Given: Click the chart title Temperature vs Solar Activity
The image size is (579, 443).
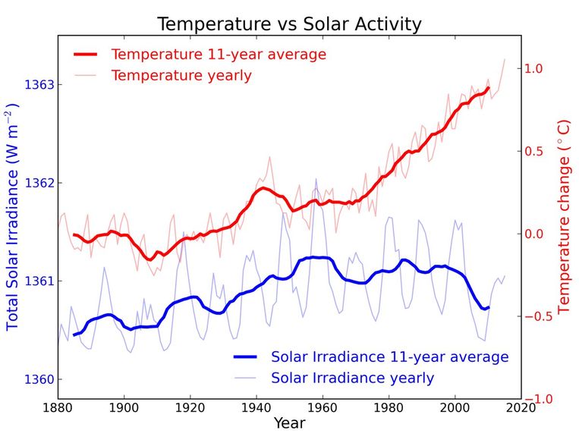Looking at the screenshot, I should (289, 24).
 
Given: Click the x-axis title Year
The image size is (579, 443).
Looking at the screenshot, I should (289, 423).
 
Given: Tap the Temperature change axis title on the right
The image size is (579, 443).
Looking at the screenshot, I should (563, 216).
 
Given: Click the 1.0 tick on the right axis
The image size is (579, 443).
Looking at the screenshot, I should (533, 68).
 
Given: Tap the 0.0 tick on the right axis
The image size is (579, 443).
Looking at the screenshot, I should (533, 234).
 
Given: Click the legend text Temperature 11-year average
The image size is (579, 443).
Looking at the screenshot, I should (219, 55).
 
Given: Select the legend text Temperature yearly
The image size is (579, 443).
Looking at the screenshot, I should (181, 76).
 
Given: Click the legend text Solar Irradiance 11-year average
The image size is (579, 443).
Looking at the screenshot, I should (389, 357).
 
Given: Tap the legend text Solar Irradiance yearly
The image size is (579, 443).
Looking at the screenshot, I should (352, 378).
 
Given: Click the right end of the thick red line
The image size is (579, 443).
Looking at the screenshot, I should (488, 88).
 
